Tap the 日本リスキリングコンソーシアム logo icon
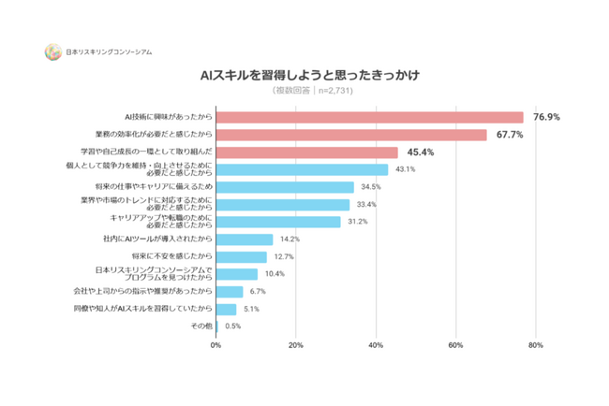click(x=52, y=52)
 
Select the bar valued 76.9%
click(x=369, y=117)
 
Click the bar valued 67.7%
click(x=351, y=135)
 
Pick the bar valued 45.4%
click(x=306, y=152)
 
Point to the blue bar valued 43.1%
click(x=302, y=169)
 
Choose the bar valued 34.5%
click(x=285, y=187)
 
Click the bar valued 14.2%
click(x=245, y=239)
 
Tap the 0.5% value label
click(x=233, y=326)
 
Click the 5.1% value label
click(x=252, y=309)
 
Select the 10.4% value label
click(x=275, y=274)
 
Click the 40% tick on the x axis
click(x=377, y=345)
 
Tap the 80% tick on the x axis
click(x=536, y=345)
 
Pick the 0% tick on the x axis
click(x=216, y=345)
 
